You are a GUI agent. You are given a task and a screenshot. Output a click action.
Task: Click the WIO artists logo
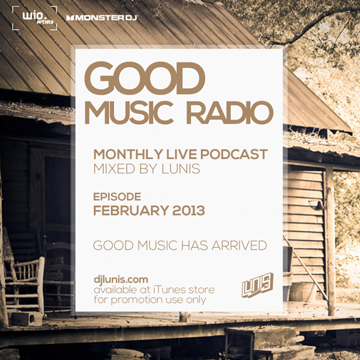(x=35, y=16)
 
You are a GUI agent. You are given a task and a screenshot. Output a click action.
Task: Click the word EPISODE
(x=118, y=197)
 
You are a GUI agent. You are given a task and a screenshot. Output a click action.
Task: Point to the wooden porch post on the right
(x=329, y=240)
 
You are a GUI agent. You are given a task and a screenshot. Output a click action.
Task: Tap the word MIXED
(x=114, y=170)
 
